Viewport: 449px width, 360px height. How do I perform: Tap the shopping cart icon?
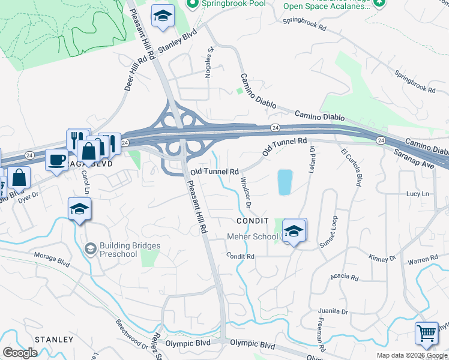426,333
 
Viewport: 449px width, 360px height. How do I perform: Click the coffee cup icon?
57,160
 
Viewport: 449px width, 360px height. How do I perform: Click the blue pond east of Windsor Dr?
285,182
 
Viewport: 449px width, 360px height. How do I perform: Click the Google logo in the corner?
20,352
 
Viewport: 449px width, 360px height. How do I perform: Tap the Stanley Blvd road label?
178,44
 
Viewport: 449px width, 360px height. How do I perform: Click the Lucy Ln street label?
418,194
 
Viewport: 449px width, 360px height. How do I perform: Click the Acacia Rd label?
344,278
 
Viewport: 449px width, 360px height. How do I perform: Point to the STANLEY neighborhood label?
54,340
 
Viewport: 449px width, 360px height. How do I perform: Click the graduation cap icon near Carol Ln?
79,209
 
